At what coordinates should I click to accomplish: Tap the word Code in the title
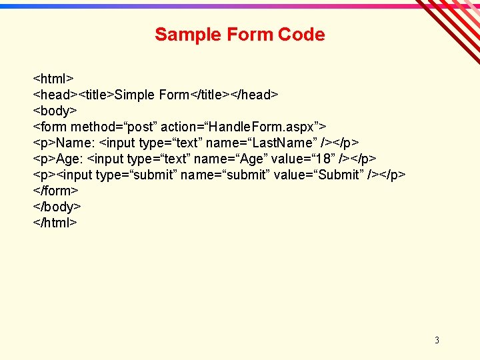point(301,35)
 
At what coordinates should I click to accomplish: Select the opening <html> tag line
point(53,79)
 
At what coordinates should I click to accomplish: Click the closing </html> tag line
point(55,223)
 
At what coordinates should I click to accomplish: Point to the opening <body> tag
point(55,111)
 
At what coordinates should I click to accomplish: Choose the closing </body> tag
point(57,207)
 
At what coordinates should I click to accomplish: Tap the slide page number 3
point(437,340)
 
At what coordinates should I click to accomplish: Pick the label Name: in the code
point(75,143)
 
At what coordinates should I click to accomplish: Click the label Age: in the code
point(70,159)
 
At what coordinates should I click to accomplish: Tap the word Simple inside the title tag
point(135,95)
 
